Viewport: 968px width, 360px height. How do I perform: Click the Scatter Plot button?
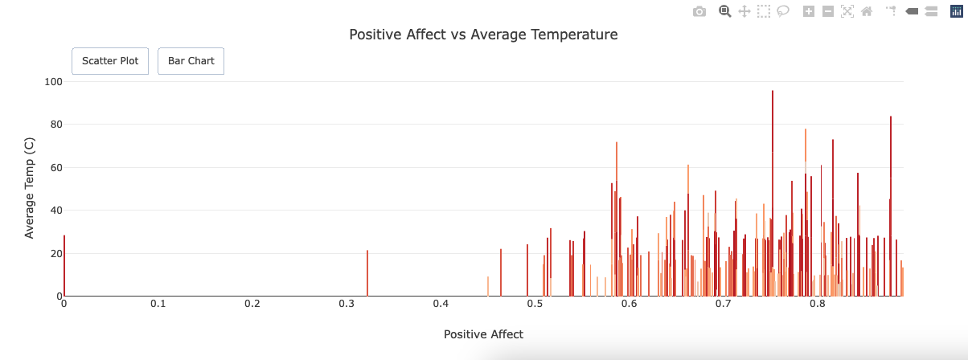pos(110,61)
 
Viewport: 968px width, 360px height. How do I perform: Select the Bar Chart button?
pos(191,61)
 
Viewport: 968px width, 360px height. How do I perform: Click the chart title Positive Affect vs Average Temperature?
pos(483,35)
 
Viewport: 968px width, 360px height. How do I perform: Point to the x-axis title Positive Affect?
pos(483,334)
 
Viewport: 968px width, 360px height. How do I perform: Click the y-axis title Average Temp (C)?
pos(30,189)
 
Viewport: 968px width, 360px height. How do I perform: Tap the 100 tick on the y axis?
pos(54,81)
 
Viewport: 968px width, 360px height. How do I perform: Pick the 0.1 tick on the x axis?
pos(158,305)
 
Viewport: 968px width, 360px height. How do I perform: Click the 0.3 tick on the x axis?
pos(347,305)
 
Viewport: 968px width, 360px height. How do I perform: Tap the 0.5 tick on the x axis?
pos(535,305)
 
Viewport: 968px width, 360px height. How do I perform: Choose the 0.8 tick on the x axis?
pos(818,305)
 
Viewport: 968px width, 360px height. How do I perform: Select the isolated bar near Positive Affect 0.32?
pos(367,273)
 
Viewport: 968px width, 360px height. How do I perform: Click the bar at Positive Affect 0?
pos(64,266)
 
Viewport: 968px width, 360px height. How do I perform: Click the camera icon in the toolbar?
pos(699,11)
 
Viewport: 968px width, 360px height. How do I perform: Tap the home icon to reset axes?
pos(867,11)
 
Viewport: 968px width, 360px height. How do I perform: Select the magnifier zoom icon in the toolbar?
pos(724,11)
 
